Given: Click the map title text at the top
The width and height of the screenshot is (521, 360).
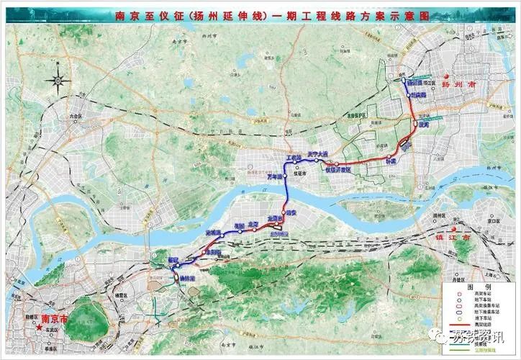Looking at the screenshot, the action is (x=260, y=14).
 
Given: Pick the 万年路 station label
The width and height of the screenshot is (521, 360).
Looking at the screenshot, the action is (x=276, y=176).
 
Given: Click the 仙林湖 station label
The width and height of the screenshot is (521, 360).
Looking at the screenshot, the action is (x=186, y=278).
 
